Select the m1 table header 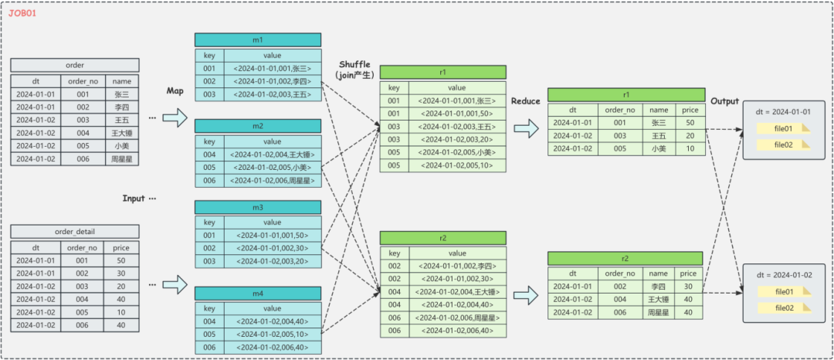pyautogui.click(x=258, y=40)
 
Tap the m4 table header pyautogui.click(x=258, y=294)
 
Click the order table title pyautogui.click(x=75, y=66)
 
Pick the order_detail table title pyautogui.click(x=75, y=231)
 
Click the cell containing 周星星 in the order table pyautogui.click(x=122, y=158)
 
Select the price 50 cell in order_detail pyautogui.click(x=122, y=260)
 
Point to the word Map pyautogui.click(x=175, y=91)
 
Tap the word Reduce pyautogui.click(x=526, y=101)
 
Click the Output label pyautogui.click(x=724, y=101)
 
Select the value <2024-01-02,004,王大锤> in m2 pyautogui.click(x=273, y=155)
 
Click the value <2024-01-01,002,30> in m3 pyautogui.click(x=273, y=248)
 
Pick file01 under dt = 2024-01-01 pyautogui.click(x=784, y=129)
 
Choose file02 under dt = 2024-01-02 pyautogui.click(x=784, y=308)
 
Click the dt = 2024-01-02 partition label pyautogui.click(x=784, y=275)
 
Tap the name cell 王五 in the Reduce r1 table pyautogui.click(x=659, y=136)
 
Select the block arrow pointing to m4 pyautogui.click(x=175, y=284)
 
